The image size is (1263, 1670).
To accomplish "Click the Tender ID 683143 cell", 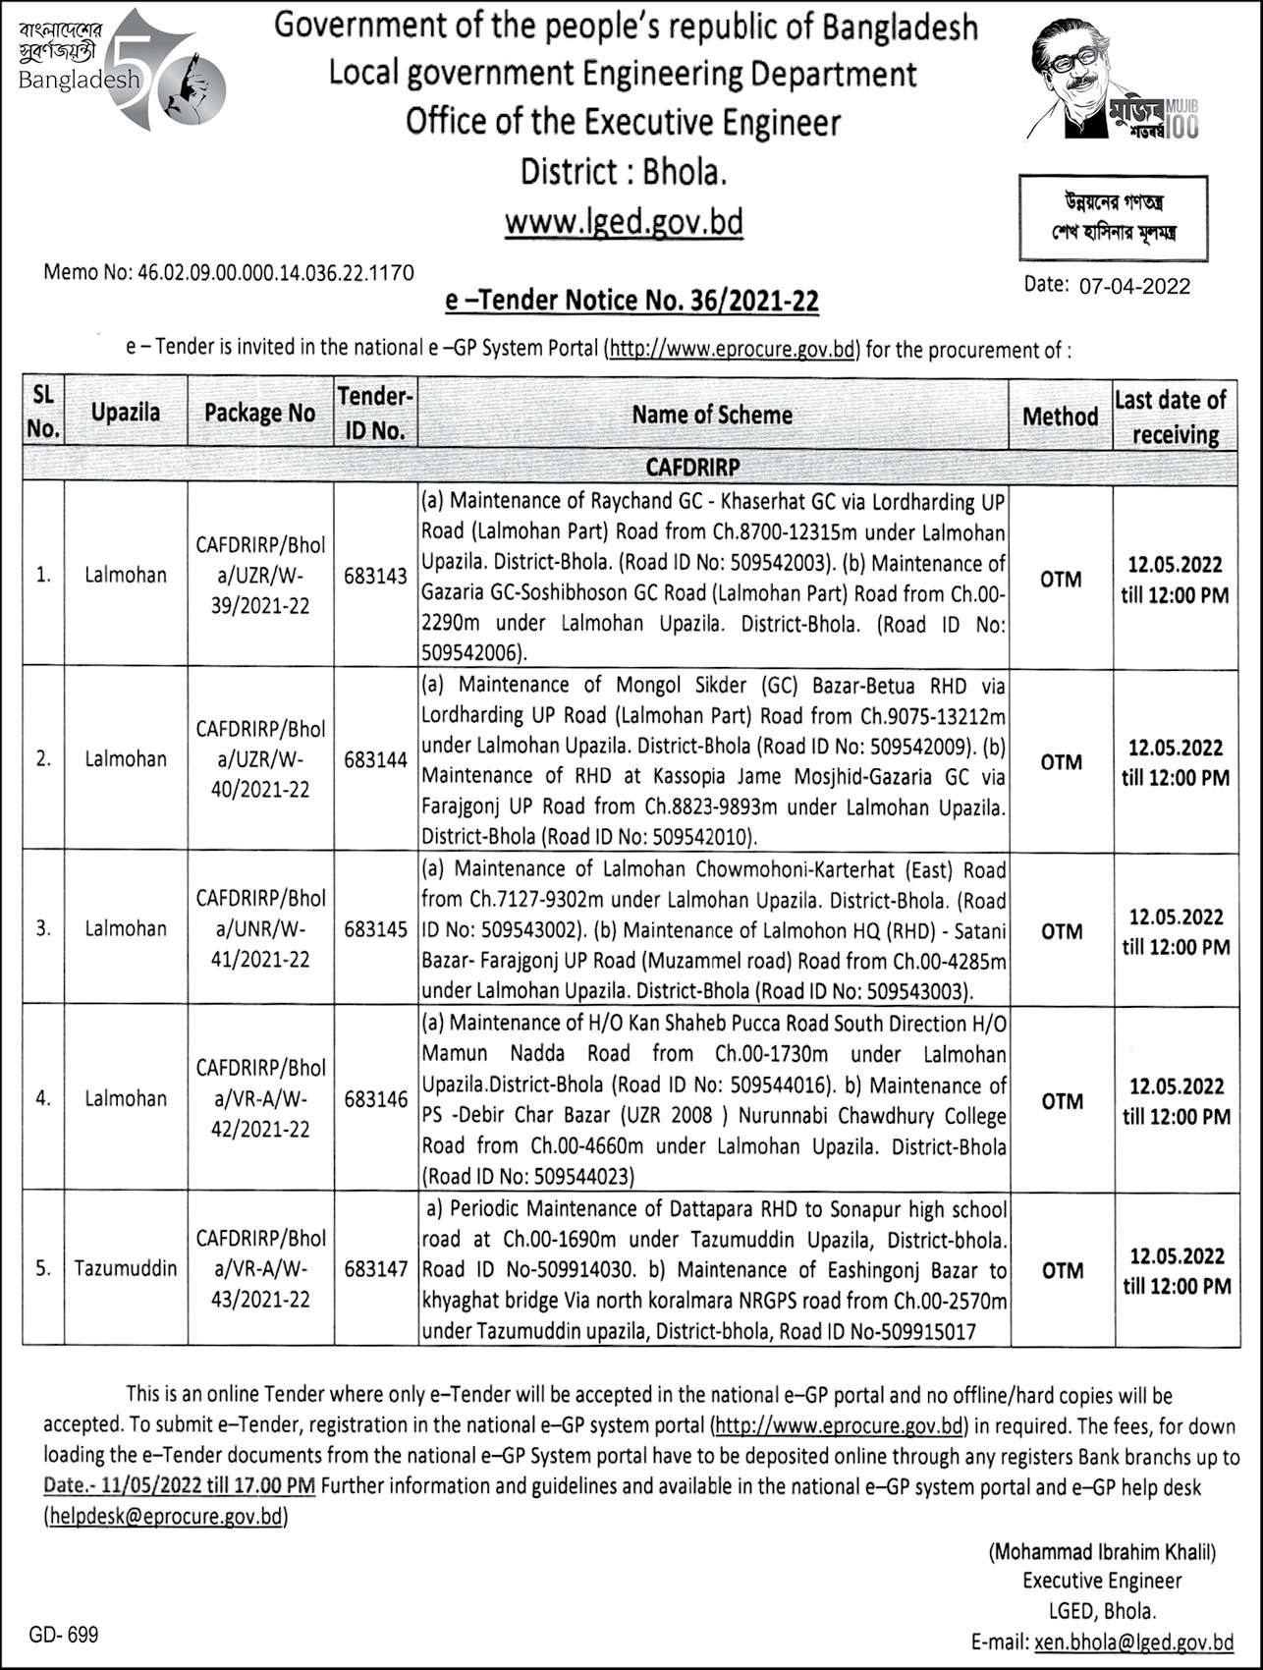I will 375,577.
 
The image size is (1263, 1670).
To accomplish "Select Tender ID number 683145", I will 375,928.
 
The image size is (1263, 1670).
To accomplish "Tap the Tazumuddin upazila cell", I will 126,1268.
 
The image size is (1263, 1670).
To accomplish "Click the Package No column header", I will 259,414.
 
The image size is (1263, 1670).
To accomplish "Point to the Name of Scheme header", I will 712,415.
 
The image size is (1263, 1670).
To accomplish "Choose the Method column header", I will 1060,417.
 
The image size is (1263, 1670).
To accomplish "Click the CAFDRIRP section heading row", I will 691,466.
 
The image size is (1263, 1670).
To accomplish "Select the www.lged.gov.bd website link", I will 624,222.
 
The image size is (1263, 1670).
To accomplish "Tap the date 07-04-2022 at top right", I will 1133,286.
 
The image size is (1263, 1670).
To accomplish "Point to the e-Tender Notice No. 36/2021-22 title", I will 631,301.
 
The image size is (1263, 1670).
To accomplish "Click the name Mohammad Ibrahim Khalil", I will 1102,1553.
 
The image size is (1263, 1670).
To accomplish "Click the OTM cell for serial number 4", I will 1061,1101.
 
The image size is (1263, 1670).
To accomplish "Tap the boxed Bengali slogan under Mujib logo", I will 1112,218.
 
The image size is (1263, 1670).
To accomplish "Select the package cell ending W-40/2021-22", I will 259,759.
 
